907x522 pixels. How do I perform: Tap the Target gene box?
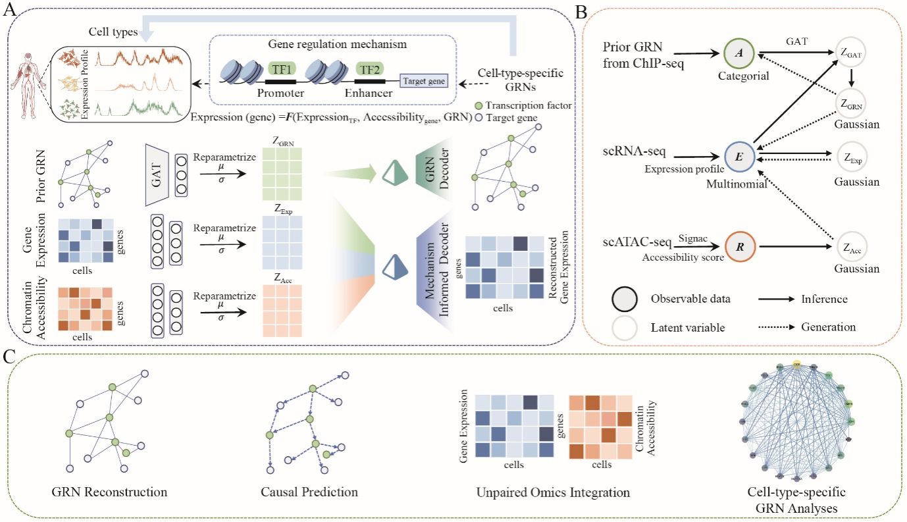[424, 82]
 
